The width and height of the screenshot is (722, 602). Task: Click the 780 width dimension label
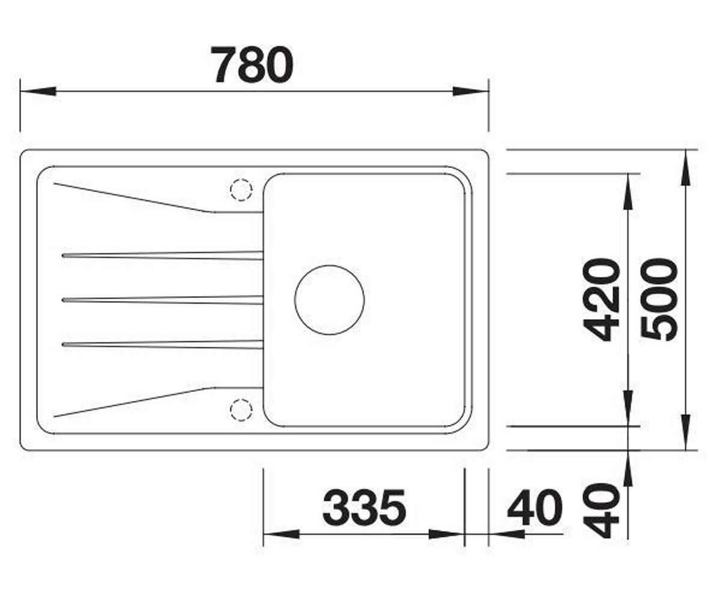click(252, 64)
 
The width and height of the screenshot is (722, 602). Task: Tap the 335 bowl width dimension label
click(364, 507)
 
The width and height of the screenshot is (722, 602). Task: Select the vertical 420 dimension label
click(600, 300)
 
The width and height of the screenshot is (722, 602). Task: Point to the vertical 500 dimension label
click(659, 300)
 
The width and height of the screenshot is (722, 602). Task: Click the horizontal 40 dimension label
click(535, 507)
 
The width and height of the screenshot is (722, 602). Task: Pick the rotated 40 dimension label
click(600, 511)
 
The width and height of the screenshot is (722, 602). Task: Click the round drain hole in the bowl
click(330, 300)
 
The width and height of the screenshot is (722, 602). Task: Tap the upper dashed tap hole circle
click(241, 190)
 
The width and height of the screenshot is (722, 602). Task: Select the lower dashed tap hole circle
click(241, 410)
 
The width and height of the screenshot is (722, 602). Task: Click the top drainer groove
click(162, 256)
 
